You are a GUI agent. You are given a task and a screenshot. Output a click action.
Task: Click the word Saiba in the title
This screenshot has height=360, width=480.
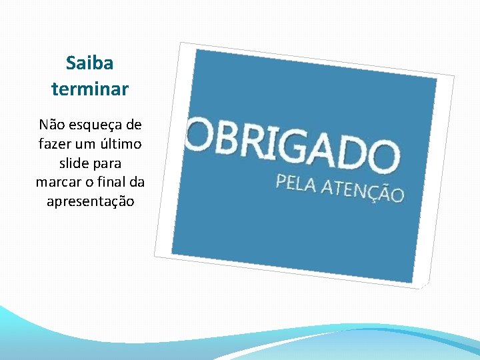pyautogui.click(x=90, y=63)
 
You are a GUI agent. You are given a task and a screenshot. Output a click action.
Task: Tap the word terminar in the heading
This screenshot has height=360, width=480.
pyautogui.click(x=90, y=89)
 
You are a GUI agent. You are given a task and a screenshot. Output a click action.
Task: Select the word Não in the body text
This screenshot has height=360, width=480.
pyautogui.click(x=53, y=124)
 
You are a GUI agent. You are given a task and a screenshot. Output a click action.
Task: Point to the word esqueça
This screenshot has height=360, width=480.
pyautogui.click(x=99, y=125)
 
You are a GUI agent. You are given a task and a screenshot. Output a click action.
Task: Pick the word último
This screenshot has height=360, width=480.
pyautogui.click(x=123, y=143)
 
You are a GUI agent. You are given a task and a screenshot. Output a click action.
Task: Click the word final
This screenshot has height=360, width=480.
pyautogui.click(x=113, y=182)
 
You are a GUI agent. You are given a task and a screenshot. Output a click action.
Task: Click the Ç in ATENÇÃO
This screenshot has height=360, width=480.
pyautogui.click(x=378, y=192)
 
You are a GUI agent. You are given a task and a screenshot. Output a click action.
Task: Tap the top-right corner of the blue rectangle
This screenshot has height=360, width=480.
pyautogui.click(x=437, y=79)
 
